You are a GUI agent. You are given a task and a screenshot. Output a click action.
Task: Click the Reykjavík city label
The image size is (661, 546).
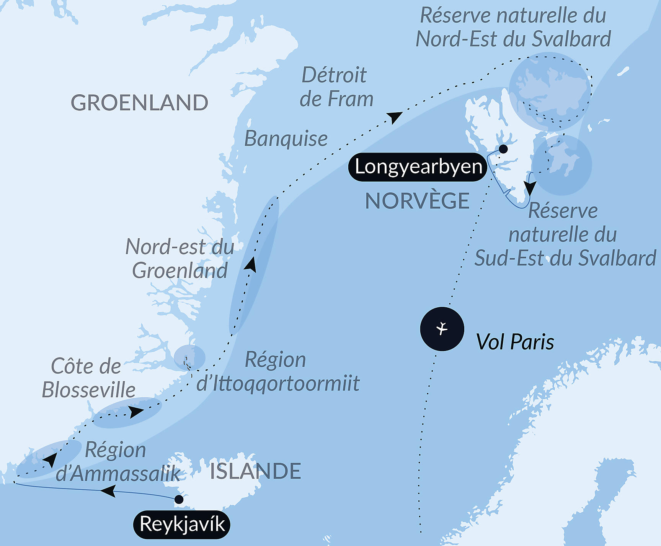pyautogui.click(x=182, y=524)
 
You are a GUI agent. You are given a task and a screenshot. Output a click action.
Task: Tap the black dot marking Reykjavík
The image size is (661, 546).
pyautogui.click(x=179, y=499)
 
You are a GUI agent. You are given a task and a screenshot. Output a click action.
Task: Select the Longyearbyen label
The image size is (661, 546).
pyautogui.click(x=418, y=167)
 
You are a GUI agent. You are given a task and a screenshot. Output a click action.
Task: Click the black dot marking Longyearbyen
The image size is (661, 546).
pyautogui.click(x=503, y=149)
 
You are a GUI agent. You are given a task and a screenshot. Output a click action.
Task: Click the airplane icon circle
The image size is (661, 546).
pyautogui.click(x=442, y=329)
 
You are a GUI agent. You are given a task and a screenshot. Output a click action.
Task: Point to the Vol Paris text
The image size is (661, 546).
pyautogui.click(x=515, y=342)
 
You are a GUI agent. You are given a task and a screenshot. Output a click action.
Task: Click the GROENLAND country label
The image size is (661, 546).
pyautogui.click(x=139, y=103)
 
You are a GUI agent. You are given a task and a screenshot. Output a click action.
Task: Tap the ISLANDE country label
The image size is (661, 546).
pyautogui.click(x=255, y=471)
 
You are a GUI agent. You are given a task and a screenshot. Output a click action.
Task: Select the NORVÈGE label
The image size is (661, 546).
pyautogui.click(x=417, y=201)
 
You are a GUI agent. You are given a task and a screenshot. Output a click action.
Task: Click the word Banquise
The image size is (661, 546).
pyautogui.click(x=286, y=138)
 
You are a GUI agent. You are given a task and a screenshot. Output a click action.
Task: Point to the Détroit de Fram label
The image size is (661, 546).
pyautogui.click(x=336, y=87)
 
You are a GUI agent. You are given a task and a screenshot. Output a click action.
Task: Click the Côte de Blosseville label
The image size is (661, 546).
pyautogui.click(x=88, y=378)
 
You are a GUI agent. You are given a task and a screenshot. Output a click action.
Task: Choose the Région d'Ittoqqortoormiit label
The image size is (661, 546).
pyautogui.click(x=278, y=371)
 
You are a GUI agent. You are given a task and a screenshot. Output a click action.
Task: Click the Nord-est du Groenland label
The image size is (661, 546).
pyautogui.click(x=180, y=259)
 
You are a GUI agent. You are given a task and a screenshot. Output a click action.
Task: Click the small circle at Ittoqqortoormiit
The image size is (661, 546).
pyautogui.click(x=189, y=357)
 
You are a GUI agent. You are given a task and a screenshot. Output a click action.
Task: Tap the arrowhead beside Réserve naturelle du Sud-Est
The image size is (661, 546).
pyautogui.click(x=530, y=188)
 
